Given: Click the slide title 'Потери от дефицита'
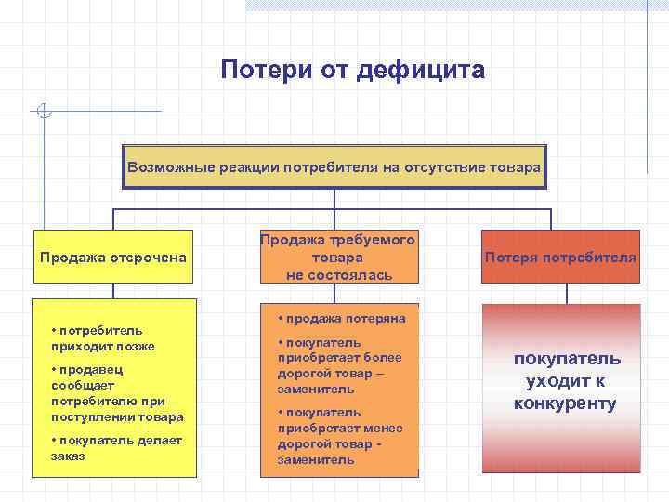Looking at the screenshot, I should [x=353, y=71].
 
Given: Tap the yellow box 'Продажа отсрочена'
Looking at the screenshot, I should [x=113, y=257].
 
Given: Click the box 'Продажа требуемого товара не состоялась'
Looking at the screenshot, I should [x=337, y=258].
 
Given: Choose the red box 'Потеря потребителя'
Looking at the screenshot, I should [x=560, y=257].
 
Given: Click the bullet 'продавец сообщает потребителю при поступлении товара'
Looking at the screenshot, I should [x=116, y=391].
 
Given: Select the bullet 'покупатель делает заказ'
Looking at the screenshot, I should [x=115, y=448].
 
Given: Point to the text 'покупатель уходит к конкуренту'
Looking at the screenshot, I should [x=566, y=381].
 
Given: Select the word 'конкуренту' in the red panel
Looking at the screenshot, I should [x=566, y=403].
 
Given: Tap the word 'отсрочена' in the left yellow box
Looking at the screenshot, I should [x=151, y=257].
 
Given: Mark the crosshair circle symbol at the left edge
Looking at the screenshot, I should [x=43, y=112].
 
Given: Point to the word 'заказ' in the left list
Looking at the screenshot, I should [x=67, y=456].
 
